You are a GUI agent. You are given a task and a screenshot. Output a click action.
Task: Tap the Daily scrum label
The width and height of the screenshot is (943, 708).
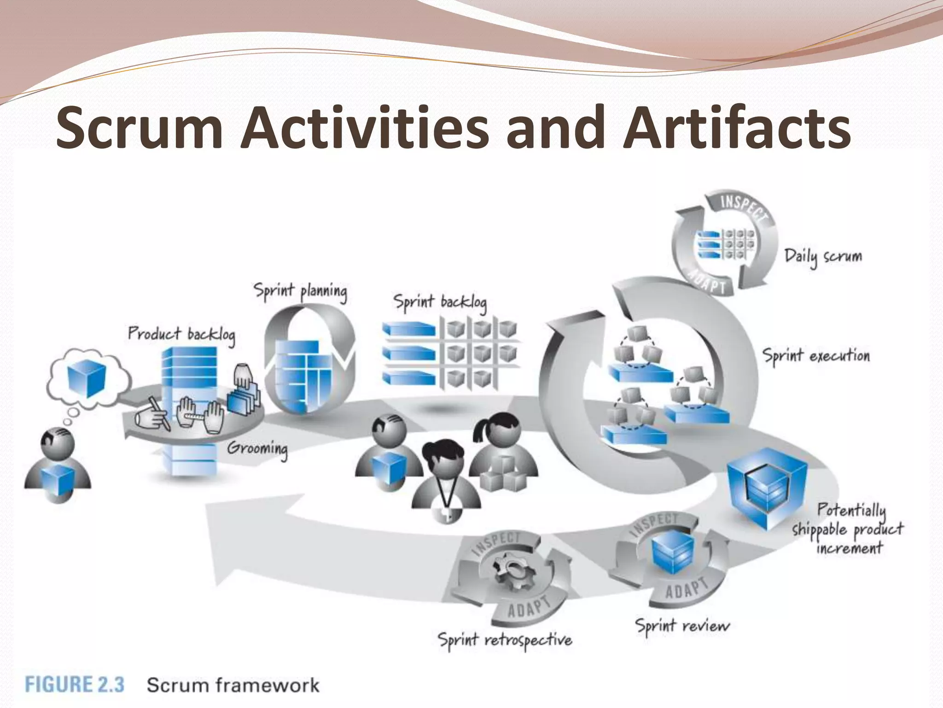click(x=823, y=257)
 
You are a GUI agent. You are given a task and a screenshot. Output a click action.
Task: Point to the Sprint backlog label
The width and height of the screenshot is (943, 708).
click(x=440, y=302)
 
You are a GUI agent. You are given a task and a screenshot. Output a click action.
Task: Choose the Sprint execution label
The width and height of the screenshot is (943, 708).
click(x=816, y=356)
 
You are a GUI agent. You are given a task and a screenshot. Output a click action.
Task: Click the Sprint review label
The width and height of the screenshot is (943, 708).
click(x=682, y=625)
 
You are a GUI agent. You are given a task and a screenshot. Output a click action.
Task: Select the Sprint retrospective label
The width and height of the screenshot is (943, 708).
click(x=505, y=640)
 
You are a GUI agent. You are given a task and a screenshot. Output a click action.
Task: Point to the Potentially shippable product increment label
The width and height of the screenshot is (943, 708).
click(x=848, y=529)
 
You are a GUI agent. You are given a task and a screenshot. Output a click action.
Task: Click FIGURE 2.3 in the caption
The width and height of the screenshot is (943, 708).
click(x=75, y=684)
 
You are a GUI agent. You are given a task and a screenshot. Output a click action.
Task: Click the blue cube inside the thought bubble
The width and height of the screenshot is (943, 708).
click(x=87, y=379)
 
